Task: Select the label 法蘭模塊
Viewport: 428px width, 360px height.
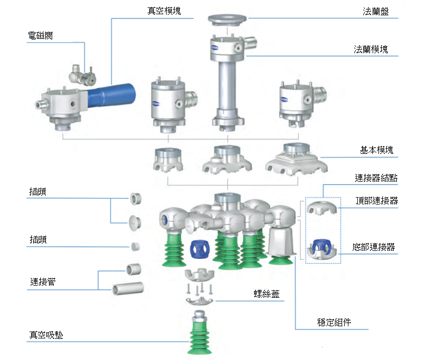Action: [371, 49]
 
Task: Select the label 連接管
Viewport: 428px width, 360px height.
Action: [43, 282]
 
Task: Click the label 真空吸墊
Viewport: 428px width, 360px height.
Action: [46, 335]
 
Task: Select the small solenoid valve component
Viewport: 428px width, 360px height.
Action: [81, 75]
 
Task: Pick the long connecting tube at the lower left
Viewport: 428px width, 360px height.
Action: [128, 288]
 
